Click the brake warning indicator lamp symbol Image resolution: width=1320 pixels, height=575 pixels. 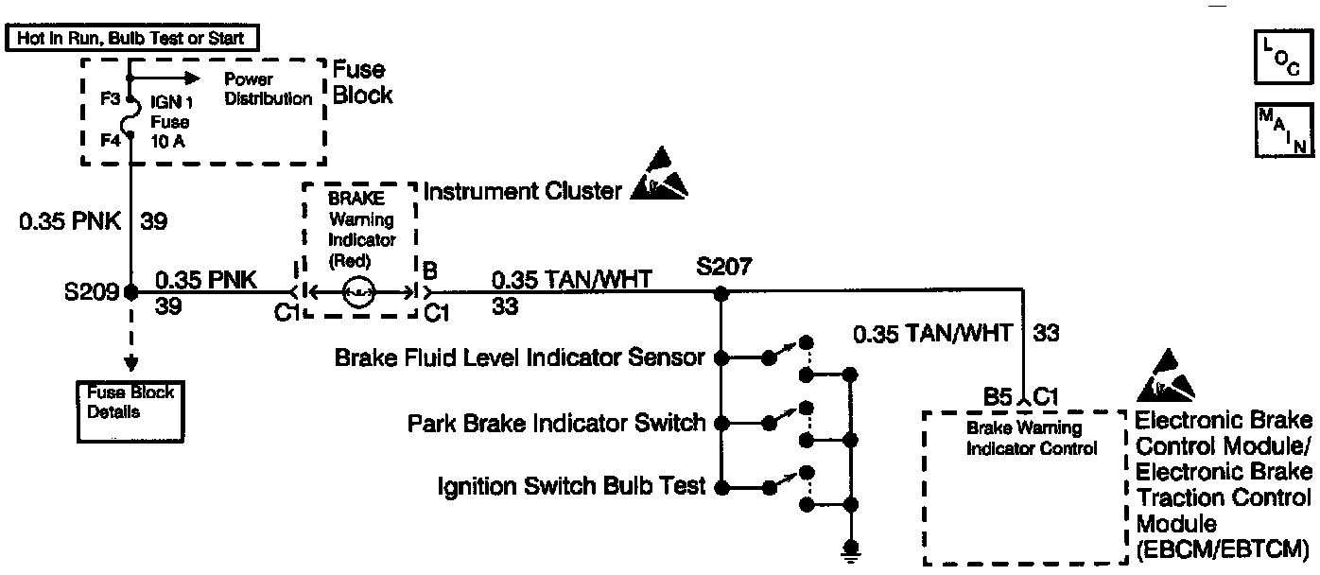coord(359,294)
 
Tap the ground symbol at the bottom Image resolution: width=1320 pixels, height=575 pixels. coord(852,549)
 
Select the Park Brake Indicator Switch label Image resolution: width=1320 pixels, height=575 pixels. coord(557,422)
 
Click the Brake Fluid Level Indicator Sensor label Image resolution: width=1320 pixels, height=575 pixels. coord(520,357)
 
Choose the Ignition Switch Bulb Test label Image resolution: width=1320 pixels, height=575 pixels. coord(572,487)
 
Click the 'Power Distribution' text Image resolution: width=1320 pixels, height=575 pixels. coord(269,90)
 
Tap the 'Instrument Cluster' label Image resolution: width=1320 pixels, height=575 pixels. coord(523,193)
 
